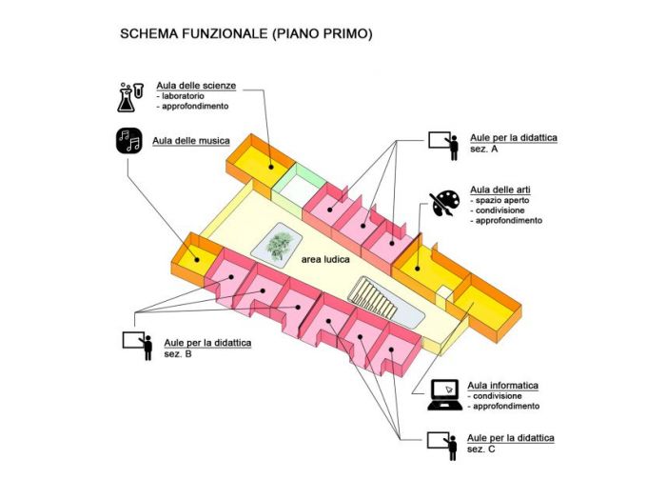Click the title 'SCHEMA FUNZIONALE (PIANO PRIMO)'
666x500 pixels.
pyautogui.click(x=245, y=33)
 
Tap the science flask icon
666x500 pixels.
pyautogui.click(x=130, y=95)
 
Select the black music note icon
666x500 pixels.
pyautogui.click(x=129, y=141)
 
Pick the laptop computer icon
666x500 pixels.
pyautogui.click(x=444, y=394)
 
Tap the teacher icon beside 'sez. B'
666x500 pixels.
pyautogui.click(x=139, y=346)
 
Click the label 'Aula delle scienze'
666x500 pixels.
pyautogui.click(x=196, y=86)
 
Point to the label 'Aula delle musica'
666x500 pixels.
pyautogui.click(x=191, y=141)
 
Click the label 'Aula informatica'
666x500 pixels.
pyautogui.click(x=503, y=385)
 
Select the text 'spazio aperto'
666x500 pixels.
pyautogui.click(x=501, y=201)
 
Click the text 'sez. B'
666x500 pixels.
pyautogui.click(x=178, y=353)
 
